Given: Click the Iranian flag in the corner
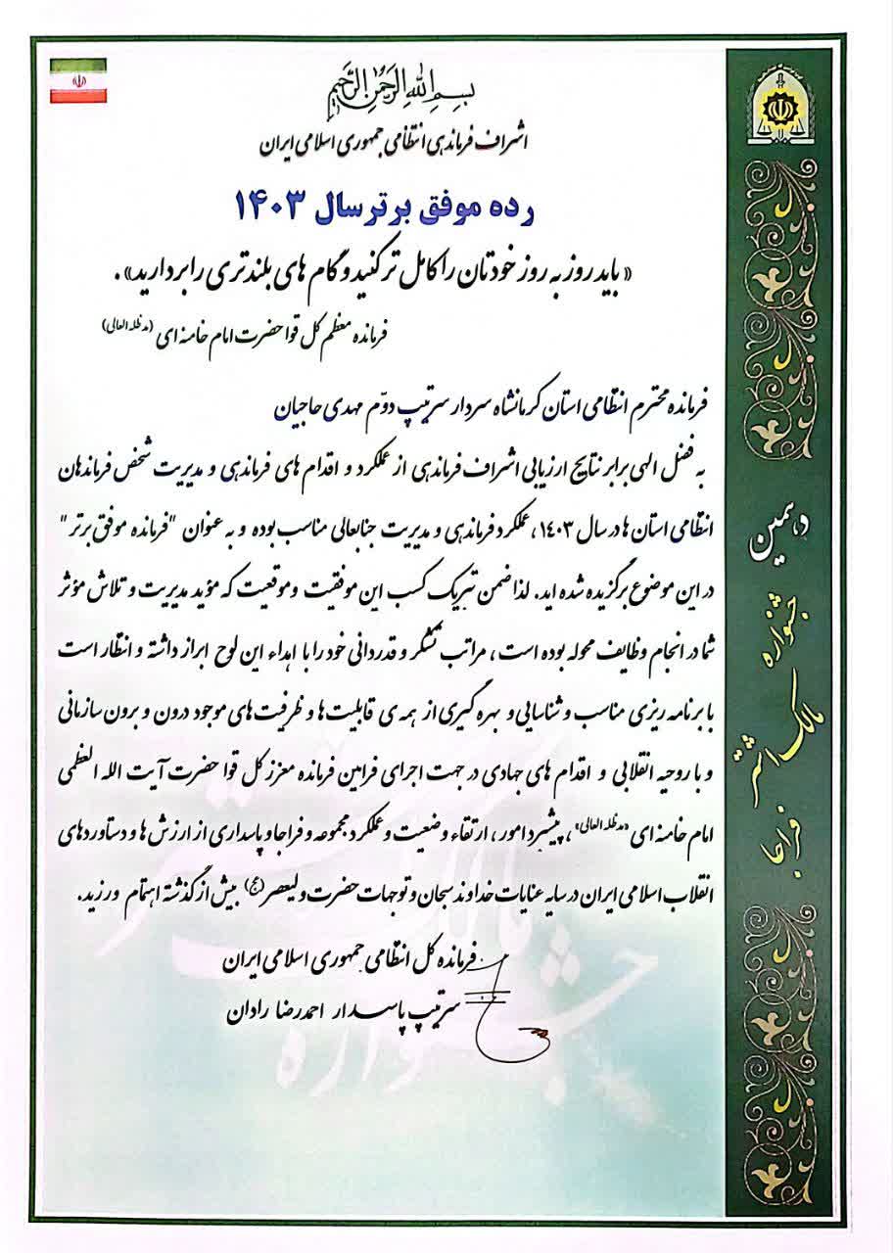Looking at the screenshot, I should (x=78, y=81).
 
